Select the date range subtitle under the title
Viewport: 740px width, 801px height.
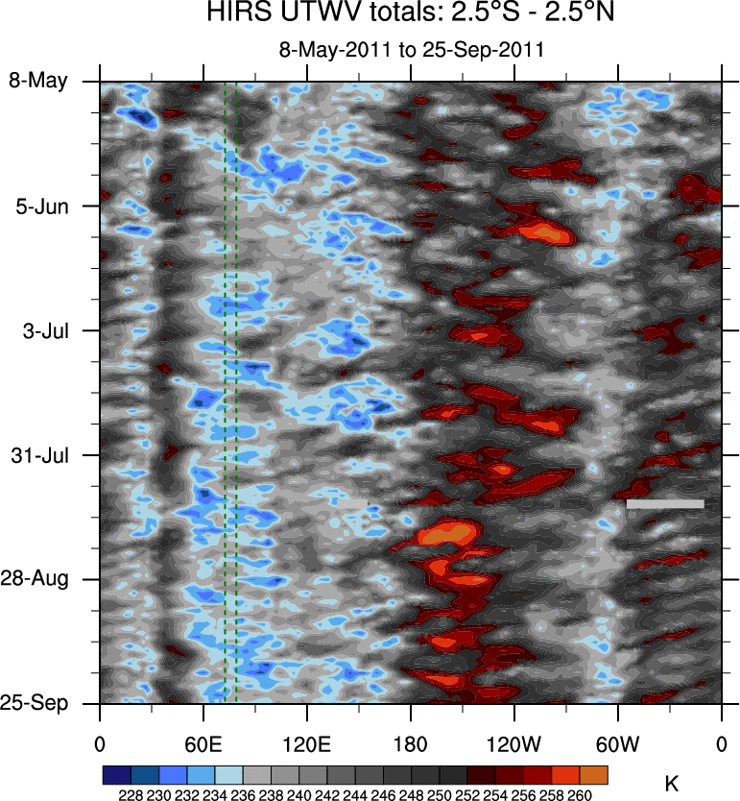click(x=411, y=50)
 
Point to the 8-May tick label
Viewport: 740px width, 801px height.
click(x=39, y=81)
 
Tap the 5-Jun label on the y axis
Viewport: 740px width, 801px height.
click(x=43, y=206)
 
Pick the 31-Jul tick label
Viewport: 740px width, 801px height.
click(x=41, y=454)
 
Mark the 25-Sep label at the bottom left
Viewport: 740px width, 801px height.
click(x=39, y=704)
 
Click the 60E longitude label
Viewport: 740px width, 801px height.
click(x=203, y=742)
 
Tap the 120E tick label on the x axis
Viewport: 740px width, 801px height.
click(x=307, y=742)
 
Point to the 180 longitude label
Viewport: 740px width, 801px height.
click(x=411, y=742)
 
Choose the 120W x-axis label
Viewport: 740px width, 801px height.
click(x=514, y=742)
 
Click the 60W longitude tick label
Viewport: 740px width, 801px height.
click(x=617, y=742)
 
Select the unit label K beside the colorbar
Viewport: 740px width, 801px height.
click(x=672, y=784)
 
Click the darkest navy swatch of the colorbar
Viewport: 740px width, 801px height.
click(x=116, y=774)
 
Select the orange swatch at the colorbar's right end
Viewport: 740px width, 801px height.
click(x=594, y=774)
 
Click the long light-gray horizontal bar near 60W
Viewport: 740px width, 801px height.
click(x=665, y=503)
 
